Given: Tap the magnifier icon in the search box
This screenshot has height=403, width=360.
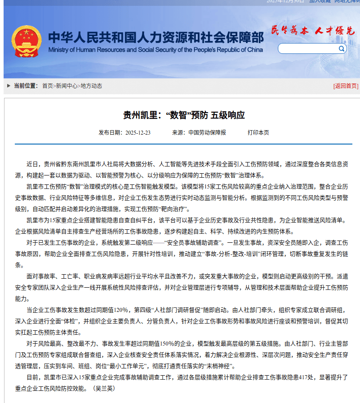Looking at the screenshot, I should [x=342, y=48].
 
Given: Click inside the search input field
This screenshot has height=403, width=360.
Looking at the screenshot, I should [x=308, y=48].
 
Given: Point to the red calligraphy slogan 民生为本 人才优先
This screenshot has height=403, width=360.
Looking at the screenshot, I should [x=313, y=31].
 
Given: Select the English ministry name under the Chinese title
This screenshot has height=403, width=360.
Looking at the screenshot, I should [x=155, y=49].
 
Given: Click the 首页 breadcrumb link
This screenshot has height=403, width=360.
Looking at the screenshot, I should [x=47, y=86].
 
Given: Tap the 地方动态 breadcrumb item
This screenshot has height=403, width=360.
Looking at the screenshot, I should [x=91, y=86].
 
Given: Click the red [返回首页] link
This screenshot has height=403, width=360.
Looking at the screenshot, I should [x=345, y=86].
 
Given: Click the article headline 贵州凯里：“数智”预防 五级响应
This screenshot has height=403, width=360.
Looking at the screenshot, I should [x=184, y=115].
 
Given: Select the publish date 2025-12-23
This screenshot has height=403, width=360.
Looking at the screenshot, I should [x=138, y=133].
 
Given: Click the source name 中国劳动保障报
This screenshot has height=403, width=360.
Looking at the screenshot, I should [x=207, y=133].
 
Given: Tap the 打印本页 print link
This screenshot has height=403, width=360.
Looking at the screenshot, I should [x=258, y=133].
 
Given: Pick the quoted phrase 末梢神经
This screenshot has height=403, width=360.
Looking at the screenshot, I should [x=231, y=366].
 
